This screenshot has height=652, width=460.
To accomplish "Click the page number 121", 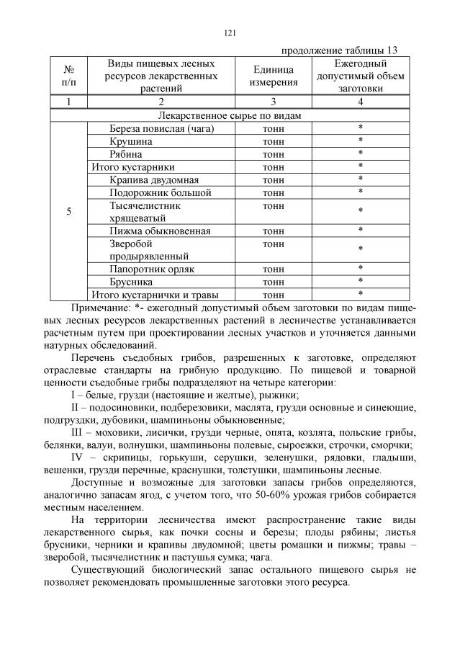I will click(x=230, y=33).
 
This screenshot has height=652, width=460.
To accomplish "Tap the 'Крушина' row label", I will click(x=131, y=141).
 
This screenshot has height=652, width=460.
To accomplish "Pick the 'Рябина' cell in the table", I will click(x=126, y=154).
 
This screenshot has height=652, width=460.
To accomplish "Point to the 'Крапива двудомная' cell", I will click(x=154, y=179).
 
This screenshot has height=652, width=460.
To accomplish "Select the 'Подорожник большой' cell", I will click(x=160, y=192).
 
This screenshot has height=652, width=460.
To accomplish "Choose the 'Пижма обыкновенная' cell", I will click(x=160, y=231).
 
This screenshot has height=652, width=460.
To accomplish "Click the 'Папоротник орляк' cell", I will click(x=152, y=269).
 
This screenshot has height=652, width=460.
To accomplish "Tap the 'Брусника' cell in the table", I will click(x=132, y=282).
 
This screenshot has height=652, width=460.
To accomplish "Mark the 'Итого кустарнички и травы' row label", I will click(x=154, y=295).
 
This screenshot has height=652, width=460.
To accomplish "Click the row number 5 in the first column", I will click(x=68, y=211).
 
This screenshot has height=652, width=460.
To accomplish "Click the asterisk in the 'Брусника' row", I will click(x=360, y=282).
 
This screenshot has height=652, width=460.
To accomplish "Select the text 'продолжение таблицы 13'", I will click(x=339, y=50).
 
